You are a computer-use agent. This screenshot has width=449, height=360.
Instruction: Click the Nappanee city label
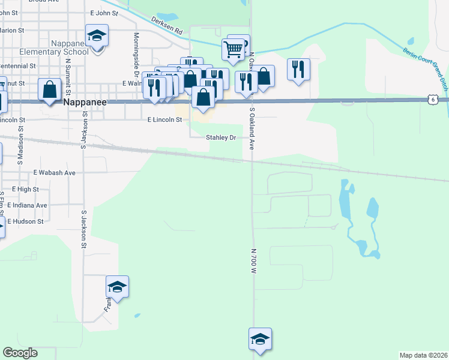coord(85,103)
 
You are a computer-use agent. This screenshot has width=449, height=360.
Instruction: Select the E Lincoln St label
coord(164,120)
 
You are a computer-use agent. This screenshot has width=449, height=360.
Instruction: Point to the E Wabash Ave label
coord(55,173)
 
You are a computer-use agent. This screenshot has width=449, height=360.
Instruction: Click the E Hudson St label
coord(24,221)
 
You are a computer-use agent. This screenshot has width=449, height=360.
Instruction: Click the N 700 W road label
coord(254,262)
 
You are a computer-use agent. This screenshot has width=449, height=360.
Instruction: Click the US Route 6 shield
coord(432,100)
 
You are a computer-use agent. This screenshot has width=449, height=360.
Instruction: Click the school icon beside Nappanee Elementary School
coord(97,35)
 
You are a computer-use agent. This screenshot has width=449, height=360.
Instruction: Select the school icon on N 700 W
coord(260,339)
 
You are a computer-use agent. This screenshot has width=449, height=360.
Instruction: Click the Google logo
coord(20,353)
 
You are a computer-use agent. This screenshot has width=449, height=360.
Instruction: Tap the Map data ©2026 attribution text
coord(424,355)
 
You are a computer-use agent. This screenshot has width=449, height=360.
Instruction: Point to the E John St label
coord(104,13)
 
